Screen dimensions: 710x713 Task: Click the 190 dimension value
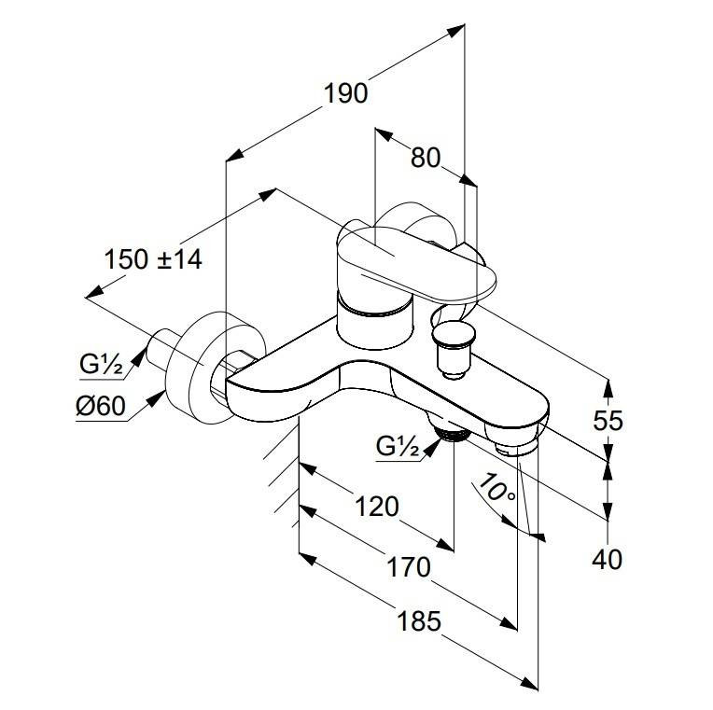(x=345, y=93)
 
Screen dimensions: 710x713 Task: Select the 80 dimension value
(x=425, y=159)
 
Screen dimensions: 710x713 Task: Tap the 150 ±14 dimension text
(x=152, y=258)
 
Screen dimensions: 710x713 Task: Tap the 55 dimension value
(x=608, y=421)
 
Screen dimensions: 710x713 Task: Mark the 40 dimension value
(x=608, y=559)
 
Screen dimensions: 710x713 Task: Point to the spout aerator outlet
(x=514, y=449)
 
